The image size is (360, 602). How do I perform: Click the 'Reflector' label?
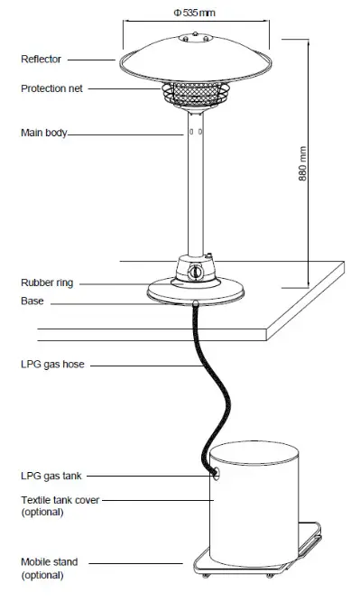pyautogui.click(x=41, y=59)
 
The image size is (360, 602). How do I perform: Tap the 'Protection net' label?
pyautogui.click(x=51, y=88)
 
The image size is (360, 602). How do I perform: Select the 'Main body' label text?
pyautogui.click(x=43, y=133)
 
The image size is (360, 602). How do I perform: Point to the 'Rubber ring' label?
pyautogui.click(x=46, y=282)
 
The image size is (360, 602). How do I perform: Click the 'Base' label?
pyautogui.click(x=32, y=301)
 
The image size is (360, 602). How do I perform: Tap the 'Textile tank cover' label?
pyautogui.click(x=60, y=499)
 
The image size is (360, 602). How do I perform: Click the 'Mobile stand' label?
pyautogui.click(x=48, y=561)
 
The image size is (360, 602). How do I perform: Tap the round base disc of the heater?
pyautogui.click(x=194, y=291)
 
